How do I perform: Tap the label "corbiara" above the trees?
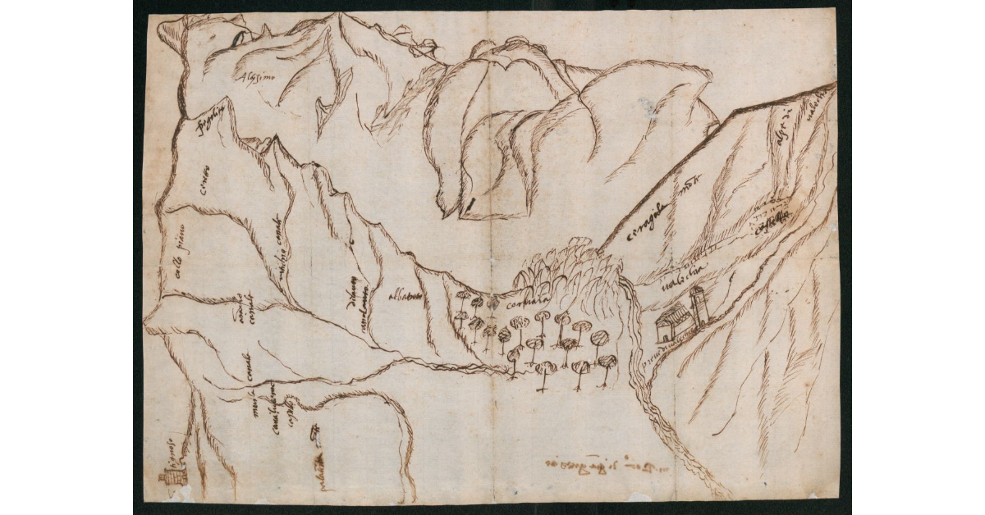point(529,303)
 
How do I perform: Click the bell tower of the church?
point(698,308)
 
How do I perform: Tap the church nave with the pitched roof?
point(673,323)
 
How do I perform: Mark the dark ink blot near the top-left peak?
point(239,37)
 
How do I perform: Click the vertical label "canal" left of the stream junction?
point(244,369)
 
